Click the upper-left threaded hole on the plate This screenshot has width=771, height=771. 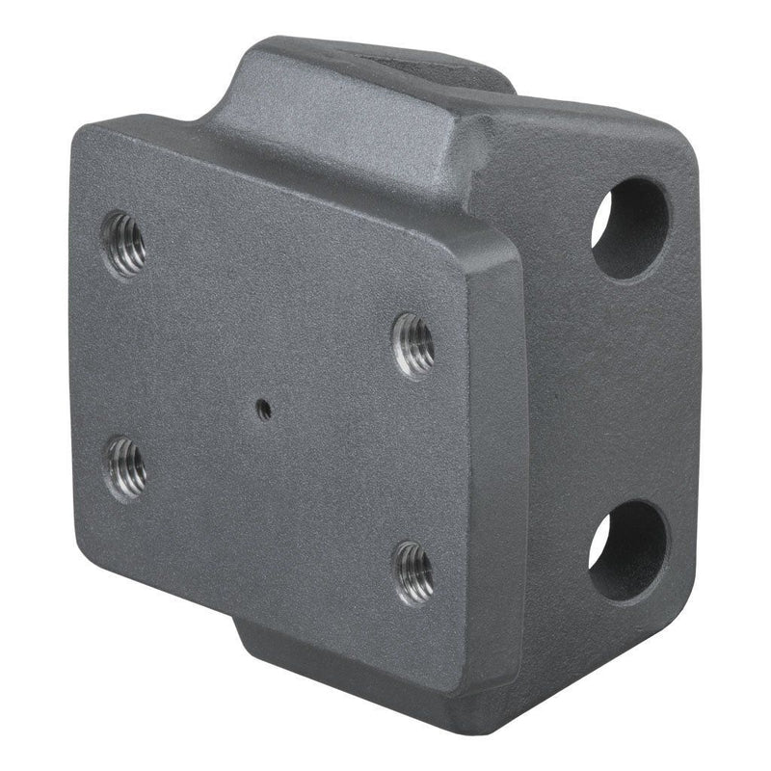124,243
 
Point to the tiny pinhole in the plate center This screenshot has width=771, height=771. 263,409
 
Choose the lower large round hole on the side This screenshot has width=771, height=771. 628,550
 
